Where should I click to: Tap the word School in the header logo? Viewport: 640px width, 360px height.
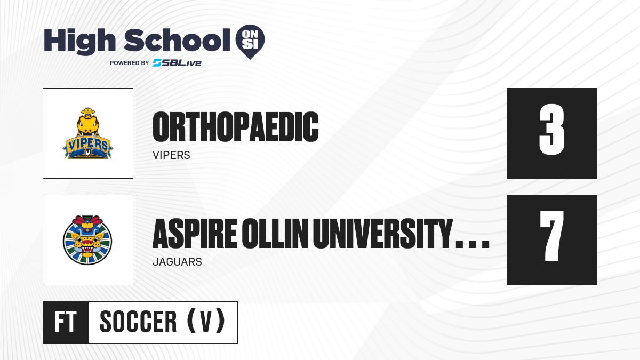coord(177,40)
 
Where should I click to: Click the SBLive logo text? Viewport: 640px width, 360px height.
coord(177,62)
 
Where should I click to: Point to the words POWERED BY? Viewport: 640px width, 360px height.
coord(130,63)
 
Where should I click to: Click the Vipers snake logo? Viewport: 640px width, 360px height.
coord(87,133)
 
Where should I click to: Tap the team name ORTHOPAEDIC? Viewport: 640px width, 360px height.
coord(235,127)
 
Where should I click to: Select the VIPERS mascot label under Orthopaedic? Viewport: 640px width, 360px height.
coord(171,155)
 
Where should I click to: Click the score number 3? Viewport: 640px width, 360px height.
coord(551,129)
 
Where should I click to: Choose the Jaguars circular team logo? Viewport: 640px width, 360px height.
coord(87,240)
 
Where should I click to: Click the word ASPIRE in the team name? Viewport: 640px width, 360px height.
coord(195,234)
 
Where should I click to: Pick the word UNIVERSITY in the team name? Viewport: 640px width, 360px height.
coord(383,234)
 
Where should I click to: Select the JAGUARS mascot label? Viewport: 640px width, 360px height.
coord(177,262)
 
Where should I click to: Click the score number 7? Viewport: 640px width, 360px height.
coord(551,236)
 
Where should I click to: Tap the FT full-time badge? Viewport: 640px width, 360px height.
coord(66,322)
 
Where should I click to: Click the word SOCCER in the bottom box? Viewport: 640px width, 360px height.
coord(138,322)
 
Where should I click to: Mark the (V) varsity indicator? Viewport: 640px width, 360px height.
coord(206,321)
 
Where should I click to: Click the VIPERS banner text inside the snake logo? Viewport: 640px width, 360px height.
coord(87,145)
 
